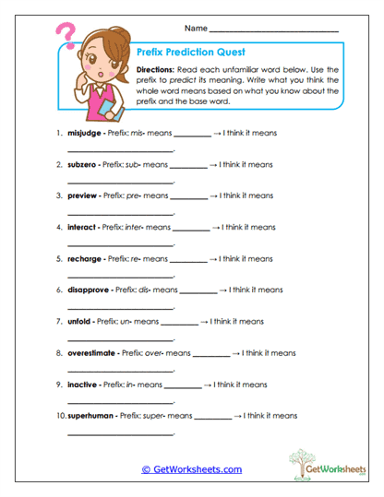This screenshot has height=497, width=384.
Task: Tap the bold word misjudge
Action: pos(86,133)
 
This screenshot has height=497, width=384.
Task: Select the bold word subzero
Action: pos(84,164)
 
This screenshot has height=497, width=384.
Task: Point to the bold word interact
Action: pos(84,227)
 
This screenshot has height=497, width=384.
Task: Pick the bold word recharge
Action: pos(85,258)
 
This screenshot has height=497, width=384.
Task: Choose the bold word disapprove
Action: pos(89,290)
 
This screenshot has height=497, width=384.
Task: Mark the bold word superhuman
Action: pos(91,415)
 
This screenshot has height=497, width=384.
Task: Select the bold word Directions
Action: pos(157,70)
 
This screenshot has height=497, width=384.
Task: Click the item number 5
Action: pos(59,258)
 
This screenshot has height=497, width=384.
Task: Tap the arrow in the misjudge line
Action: pos(218,133)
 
